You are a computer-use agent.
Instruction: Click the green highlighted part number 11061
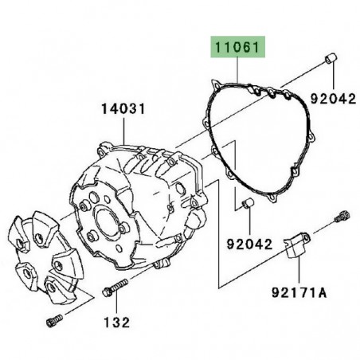pos(237,48)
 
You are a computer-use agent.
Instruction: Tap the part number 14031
pos(123,109)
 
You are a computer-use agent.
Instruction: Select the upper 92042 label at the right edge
pos(333,99)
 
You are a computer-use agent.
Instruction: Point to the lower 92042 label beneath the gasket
pos(249,245)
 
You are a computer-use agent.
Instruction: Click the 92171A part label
pos(299,293)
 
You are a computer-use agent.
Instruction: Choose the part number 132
pos(116,323)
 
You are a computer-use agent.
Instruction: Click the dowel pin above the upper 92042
pos(331,58)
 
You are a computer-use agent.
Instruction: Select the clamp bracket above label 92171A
pos(296,245)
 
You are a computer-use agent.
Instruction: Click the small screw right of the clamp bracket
pos(342,216)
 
